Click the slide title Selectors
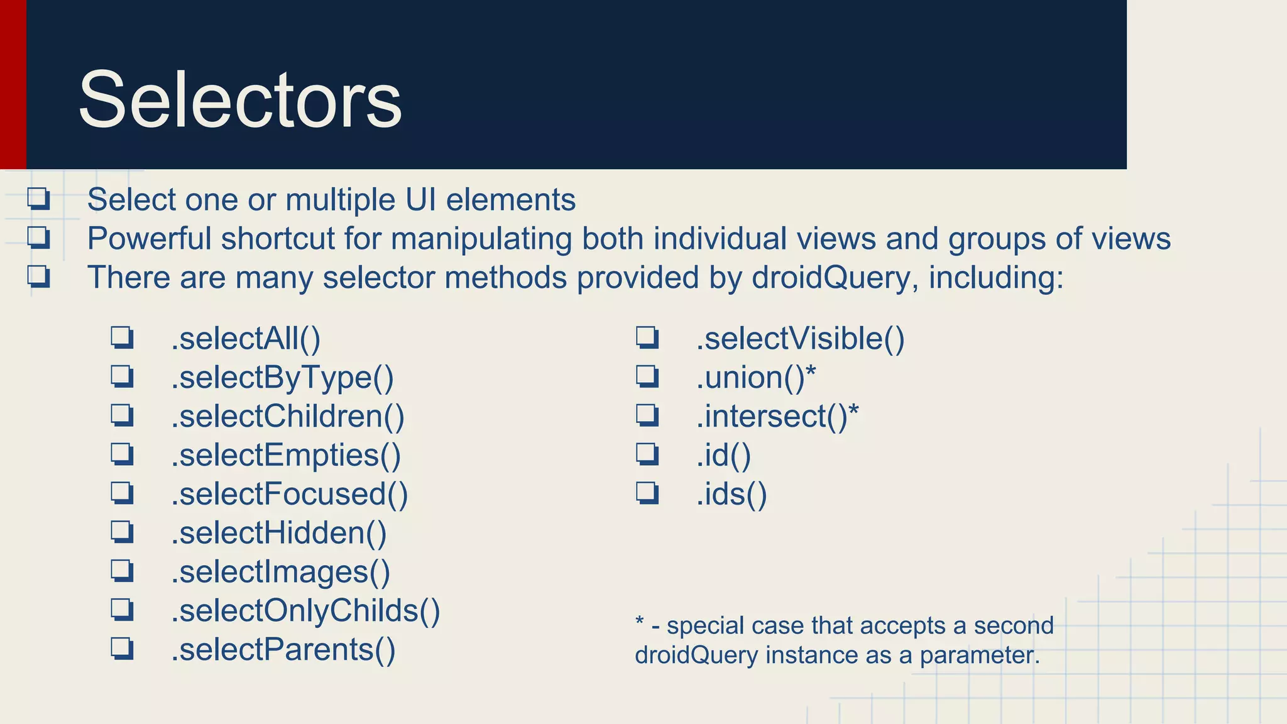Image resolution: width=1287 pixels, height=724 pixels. tap(239, 101)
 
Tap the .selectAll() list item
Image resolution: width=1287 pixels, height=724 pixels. tap(246, 339)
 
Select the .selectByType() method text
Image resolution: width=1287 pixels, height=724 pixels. tap(282, 378)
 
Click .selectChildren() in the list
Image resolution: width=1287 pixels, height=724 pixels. tap(288, 417)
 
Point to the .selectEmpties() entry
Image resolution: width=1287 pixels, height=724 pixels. tap(286, 456)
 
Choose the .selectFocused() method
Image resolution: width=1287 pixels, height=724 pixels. tap(290, 494)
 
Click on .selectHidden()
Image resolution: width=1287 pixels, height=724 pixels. tap(279, 533)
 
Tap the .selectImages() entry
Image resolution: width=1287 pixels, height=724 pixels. tap(281, 572)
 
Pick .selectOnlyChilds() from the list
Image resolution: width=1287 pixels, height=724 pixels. tap(305, 611)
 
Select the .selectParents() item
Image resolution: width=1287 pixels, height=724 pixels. tap(283, 650)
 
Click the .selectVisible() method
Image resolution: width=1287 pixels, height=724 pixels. tap(800, 339)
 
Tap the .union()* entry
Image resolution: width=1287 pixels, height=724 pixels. tap(755, 378)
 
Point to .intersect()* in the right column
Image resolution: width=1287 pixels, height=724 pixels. tap(777, 417)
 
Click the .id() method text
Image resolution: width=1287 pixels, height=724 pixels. tap(723, 456)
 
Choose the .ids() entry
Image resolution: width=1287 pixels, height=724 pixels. tap(731, 494)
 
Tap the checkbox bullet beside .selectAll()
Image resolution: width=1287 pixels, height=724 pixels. tap(122, 338)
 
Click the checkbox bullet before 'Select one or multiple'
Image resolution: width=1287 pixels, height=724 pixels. tap(38, 199)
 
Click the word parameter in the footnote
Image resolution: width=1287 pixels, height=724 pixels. tap(980, 655)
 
